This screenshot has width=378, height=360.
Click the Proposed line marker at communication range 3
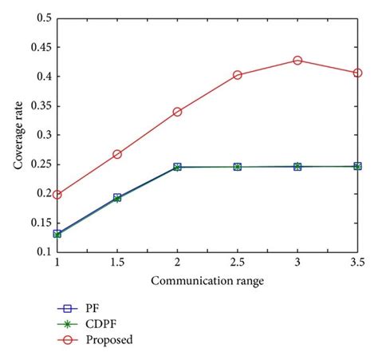(x=297, y=61)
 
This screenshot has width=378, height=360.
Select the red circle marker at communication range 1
(x=57, y=194)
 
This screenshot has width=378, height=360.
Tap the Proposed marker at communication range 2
(x=177, y=112)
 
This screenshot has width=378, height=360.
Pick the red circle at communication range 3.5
(x=357, y=73)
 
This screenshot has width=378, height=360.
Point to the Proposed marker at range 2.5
(x=237, y=75)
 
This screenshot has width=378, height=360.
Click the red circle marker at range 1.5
(x=117, y=154)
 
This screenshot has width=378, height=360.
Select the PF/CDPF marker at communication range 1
(x=57, y=234)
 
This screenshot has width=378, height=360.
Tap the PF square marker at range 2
(x=177, y=167)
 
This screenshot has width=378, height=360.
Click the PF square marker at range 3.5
(x=357, y=166)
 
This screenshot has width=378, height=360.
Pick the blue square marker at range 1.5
(x=117, y=197)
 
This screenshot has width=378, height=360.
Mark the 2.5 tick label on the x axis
(x=237, y=262)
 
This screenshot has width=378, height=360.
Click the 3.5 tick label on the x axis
(x=356, y=262)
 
